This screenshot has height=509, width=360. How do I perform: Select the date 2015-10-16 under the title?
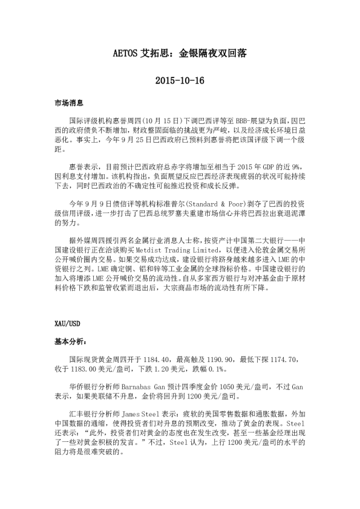pos(180,80)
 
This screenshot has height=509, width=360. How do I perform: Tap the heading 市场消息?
pos(68,104)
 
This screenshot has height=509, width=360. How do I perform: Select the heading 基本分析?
pos(68,342)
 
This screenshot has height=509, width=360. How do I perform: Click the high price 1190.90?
pos(221,359)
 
